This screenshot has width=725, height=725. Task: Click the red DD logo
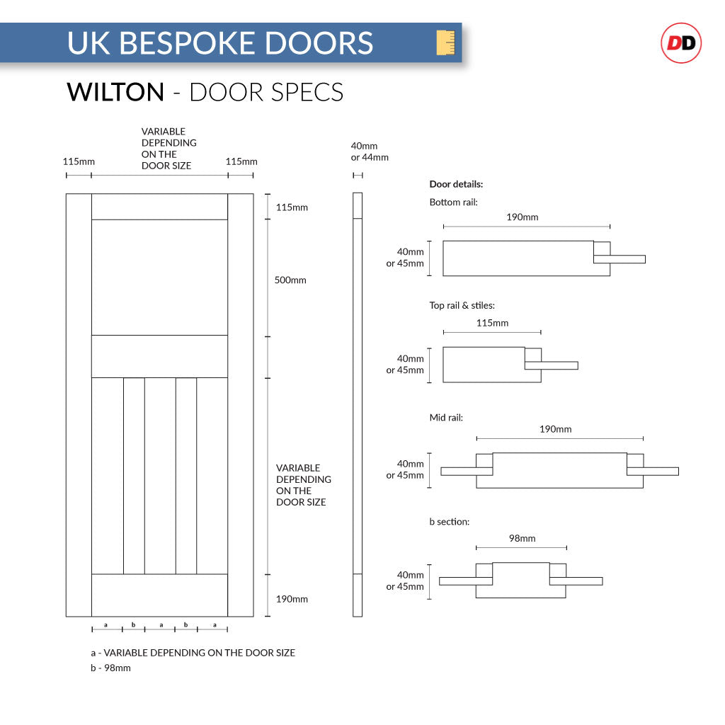click(680, 43)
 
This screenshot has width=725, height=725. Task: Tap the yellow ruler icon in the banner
click(445, 42)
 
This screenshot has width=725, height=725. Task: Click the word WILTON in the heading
click(115, 92)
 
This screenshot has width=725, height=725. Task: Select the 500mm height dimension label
click(290, 280)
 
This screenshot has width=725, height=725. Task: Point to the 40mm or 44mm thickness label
click(370, 152)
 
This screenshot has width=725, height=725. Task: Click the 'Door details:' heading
click(456, 184)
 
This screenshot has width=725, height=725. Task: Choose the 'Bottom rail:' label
click(453, 202)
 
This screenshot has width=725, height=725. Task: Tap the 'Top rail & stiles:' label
click(462, 306)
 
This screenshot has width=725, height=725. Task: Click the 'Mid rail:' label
click(446, 418)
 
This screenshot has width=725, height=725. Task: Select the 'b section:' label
click(449, 522)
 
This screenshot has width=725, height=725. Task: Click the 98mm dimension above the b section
click(522, 538)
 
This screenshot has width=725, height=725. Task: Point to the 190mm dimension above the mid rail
click(555, 429)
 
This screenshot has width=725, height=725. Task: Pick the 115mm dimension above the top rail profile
click(492, 323)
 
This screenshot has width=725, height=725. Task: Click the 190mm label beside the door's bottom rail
click(292, 599)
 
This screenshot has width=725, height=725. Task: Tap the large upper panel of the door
click(159, 277)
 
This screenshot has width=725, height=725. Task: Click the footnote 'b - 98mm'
click(110, 668)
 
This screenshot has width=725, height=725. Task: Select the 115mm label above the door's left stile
click(79, 161)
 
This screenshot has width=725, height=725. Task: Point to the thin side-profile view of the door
click(358, 404)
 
